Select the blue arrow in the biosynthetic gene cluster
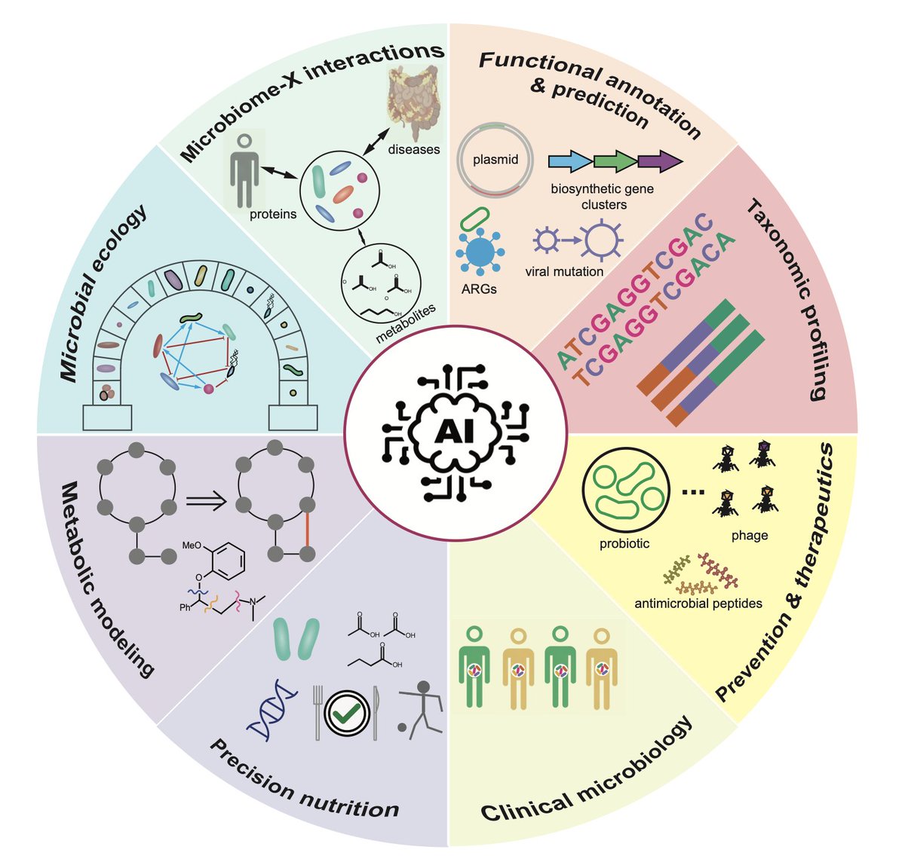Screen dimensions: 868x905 pyautogui.click(x=569, y=161)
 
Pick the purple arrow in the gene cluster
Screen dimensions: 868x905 pyautogui.click(x=658, y=161)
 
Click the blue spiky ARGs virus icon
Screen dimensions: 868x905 pyautogui.click(x=480, y=252)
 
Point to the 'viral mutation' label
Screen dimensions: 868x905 pyautogui.click(x=564, y=271)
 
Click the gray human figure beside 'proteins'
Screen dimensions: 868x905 pyautogui.click(x=244, y=170)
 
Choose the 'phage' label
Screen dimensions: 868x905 pyautogui.click(x=749, y=535)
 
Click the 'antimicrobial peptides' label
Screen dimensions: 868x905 pyautogui.click(x=698, y=604)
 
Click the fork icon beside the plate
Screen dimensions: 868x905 pyautogui.click(x=318, y=710)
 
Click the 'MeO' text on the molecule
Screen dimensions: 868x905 pyautogui.click(x=192, y=546)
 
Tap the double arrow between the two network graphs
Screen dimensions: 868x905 pyautogui.click(x=205, y=501)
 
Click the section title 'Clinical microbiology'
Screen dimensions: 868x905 pyautogui.click(x=586, y=770)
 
